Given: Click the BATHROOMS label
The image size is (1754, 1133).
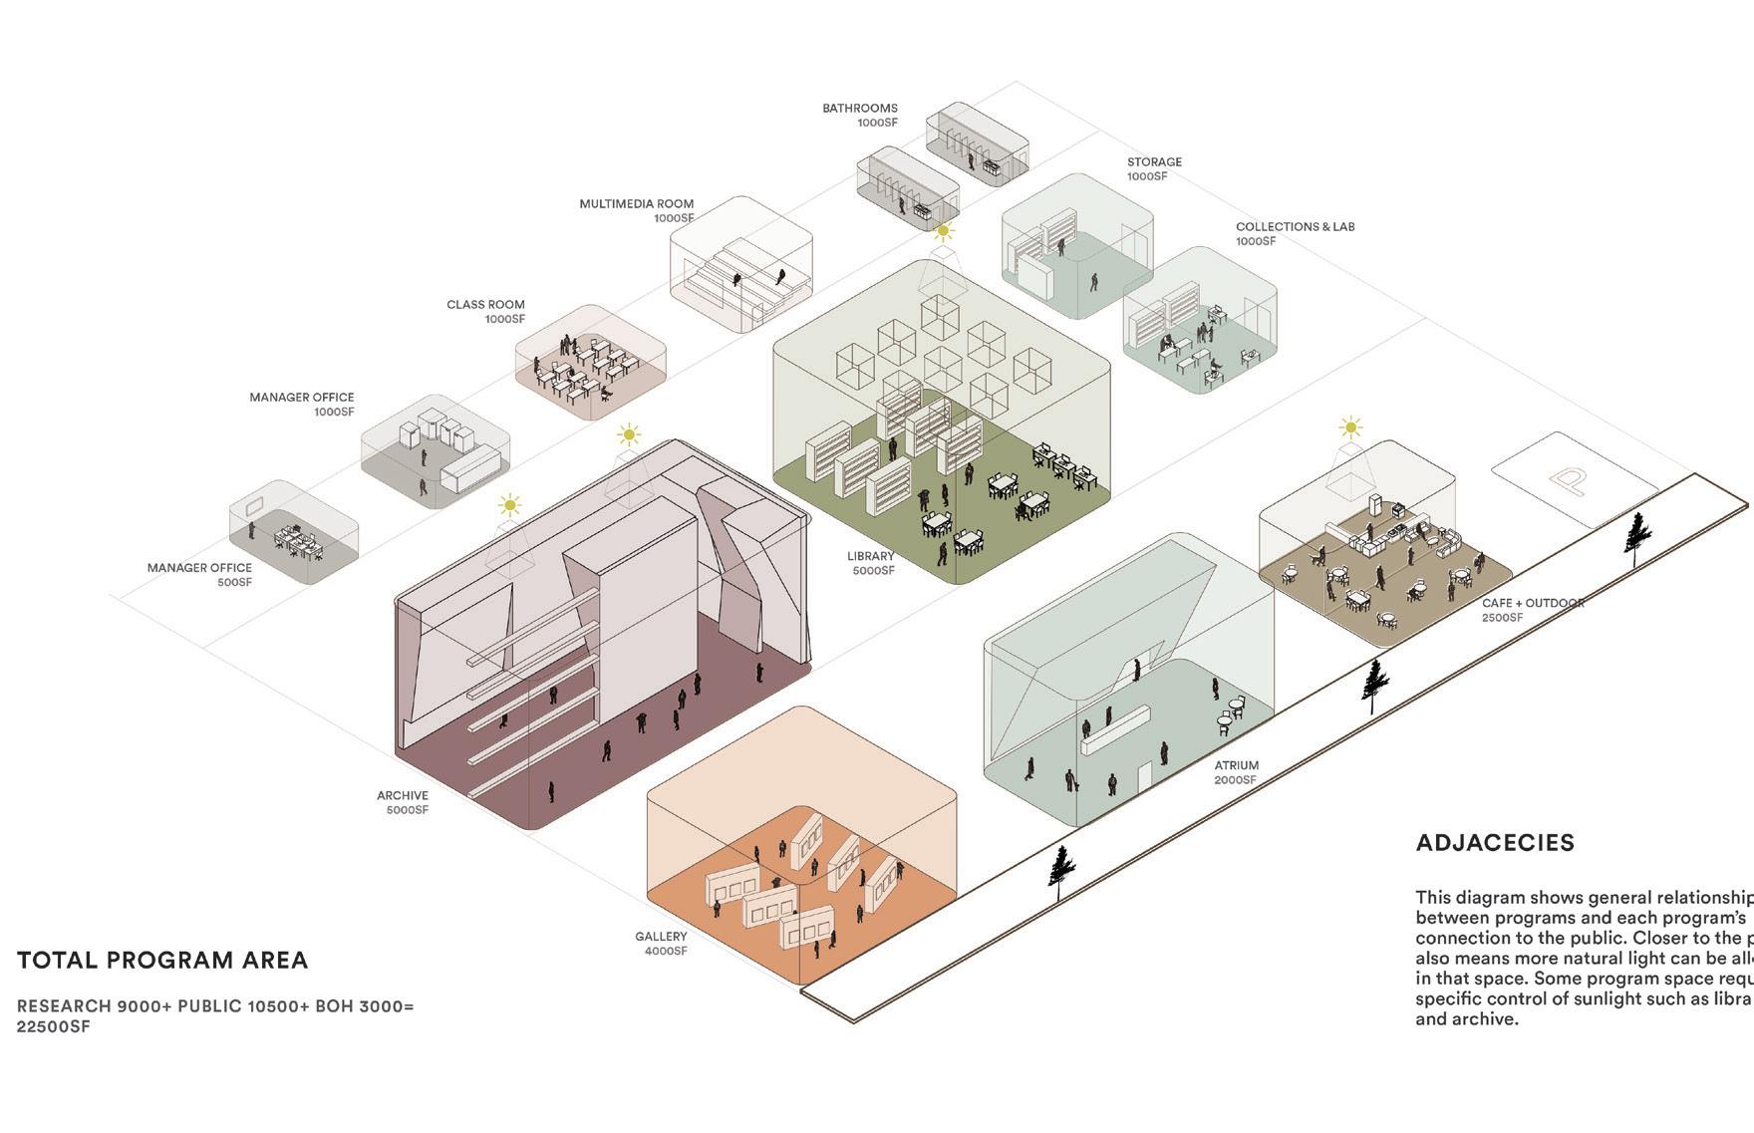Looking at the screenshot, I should click(x=859, y=108).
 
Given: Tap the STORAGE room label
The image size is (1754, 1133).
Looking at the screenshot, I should click(x=1154, y=161).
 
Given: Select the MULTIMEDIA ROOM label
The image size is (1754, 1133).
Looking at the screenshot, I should click(x=636, y=203).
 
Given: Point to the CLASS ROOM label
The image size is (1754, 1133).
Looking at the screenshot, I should click(x=485, y=305).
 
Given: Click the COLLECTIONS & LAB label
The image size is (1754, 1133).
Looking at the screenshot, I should click(x=1295, y=226).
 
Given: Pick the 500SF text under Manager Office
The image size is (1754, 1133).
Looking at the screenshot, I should click(x=234, y=582).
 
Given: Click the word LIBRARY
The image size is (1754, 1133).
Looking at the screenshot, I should click(x=870, y=556).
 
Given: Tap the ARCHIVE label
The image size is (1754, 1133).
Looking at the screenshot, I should click(x=403, y=795).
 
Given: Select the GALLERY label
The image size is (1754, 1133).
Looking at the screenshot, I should click(x=661, y=936).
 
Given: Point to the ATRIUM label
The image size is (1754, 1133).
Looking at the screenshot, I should click(x=1236, y=765).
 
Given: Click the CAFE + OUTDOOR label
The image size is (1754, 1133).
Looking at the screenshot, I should click(x=1532, y=603).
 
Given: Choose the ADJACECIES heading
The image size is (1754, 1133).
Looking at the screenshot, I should click(x=1495, y=843).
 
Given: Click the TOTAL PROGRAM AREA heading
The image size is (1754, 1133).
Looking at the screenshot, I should click(x=162, y=961).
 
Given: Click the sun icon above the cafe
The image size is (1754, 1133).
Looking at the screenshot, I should click(x=1350, y=428).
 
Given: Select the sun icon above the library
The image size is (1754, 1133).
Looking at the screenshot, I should click(x=943, y=231).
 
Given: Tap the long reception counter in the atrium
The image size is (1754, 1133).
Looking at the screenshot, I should click(x=1115, y=729).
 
